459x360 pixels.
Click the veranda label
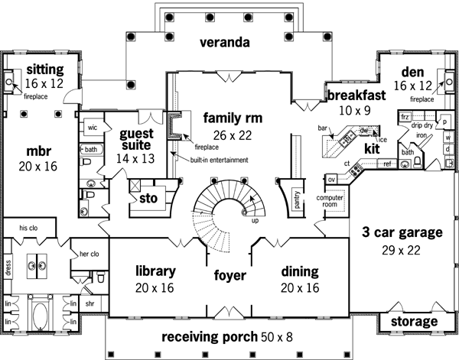[226, 43]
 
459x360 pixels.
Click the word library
[156, 271]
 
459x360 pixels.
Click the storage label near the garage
[413, 321]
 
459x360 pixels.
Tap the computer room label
[334, 200]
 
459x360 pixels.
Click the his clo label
[29, 228]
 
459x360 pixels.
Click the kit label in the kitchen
[372, 148]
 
